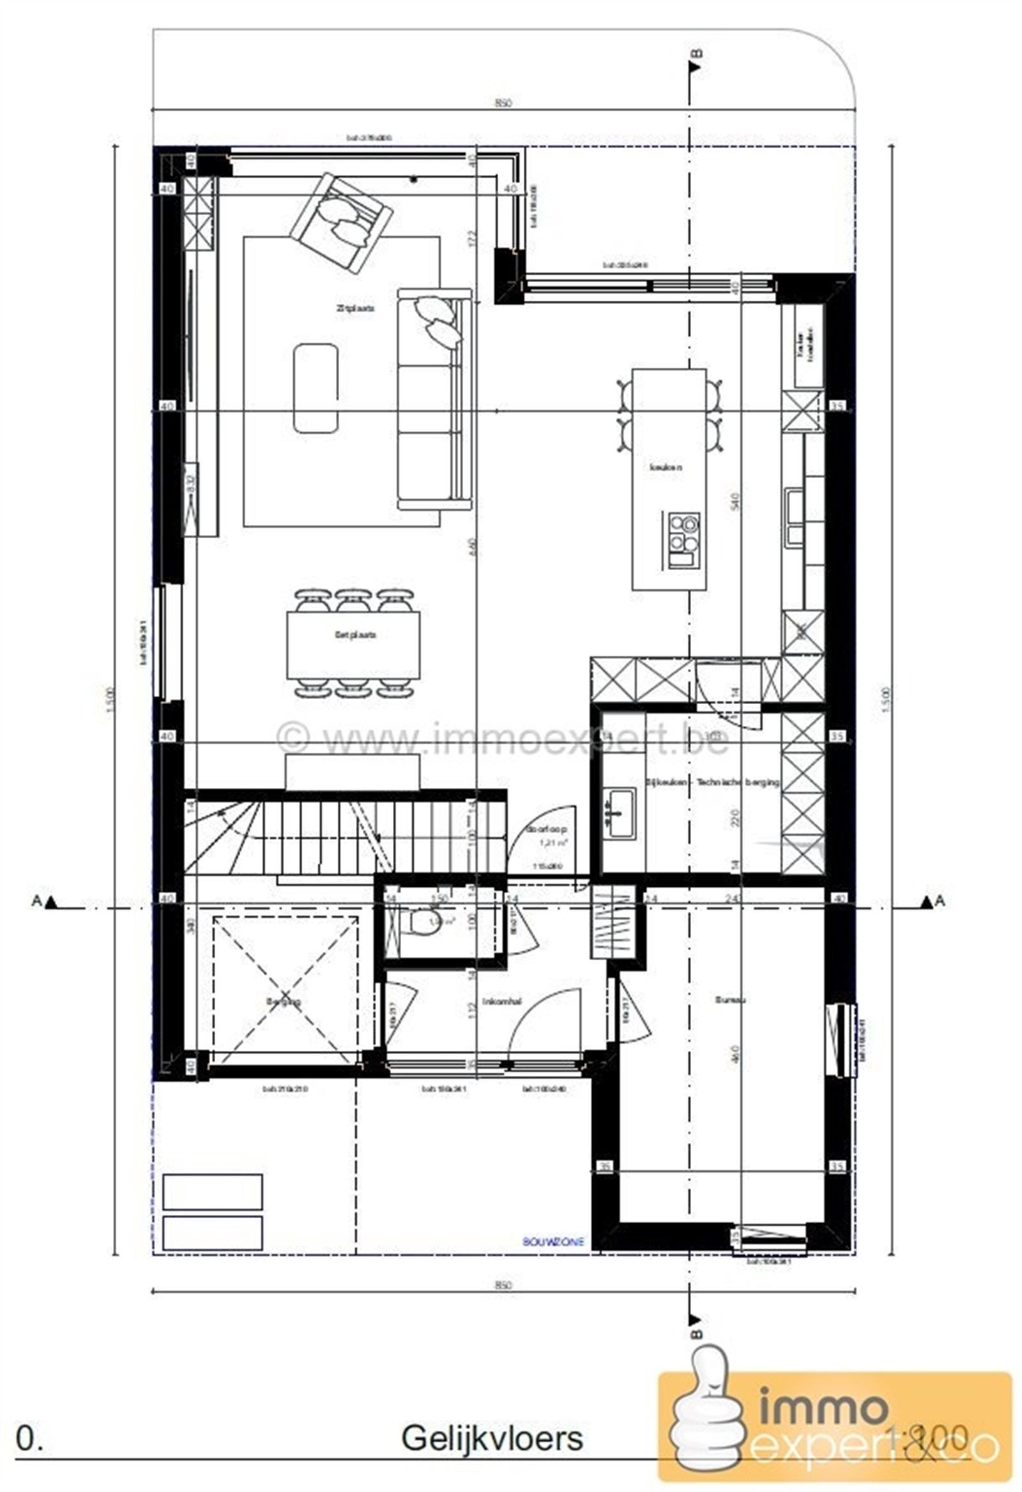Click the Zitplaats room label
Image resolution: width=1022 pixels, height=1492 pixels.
tap(355, 308)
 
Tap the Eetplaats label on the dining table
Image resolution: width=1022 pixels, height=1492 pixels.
tap(355, 635)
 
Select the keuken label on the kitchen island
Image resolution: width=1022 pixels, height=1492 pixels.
tap(666, 467)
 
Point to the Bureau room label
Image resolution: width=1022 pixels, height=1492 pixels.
tap(729, 999)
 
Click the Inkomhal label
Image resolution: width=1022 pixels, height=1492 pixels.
tap(501, 1002)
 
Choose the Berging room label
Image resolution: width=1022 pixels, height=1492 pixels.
tap(283, 1001)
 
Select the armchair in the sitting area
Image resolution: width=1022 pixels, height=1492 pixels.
tap(342, 221)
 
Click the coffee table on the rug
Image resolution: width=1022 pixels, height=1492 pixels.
tap(316, 388)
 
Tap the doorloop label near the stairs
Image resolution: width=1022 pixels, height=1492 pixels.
tap(546, 829)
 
